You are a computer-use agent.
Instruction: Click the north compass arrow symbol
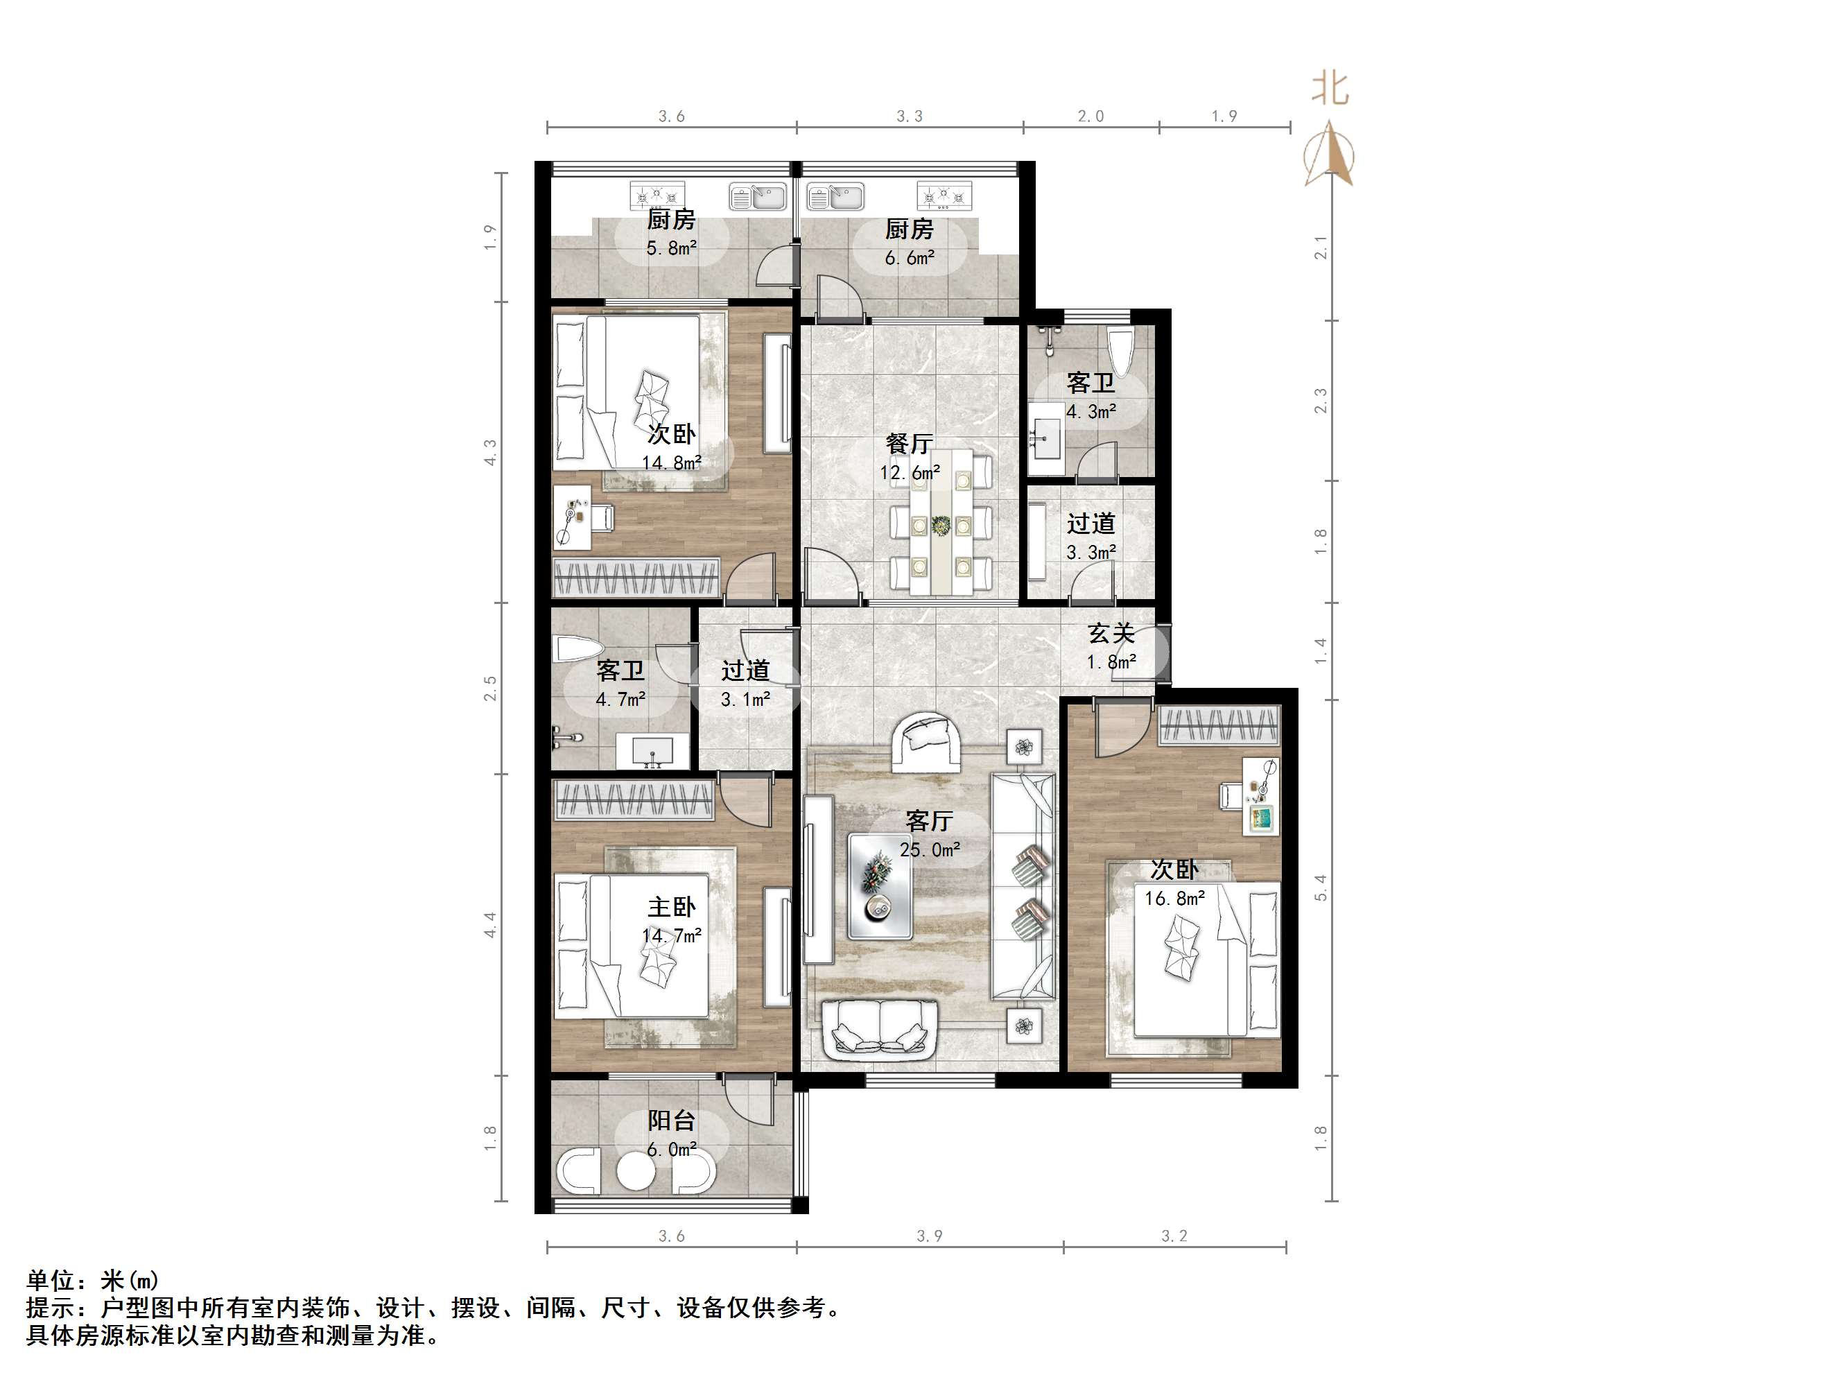[1329, 154]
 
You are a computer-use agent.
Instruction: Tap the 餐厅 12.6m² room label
[909, 458]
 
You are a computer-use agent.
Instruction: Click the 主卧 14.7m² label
[671, 921]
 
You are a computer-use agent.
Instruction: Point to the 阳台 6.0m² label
[671, 1134]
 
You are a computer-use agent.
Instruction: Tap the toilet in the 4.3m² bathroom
[1120, 352]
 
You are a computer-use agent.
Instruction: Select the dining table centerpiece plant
[941, 526]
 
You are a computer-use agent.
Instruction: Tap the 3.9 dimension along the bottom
[929, 1236]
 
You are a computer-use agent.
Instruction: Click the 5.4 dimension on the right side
[1321, 888]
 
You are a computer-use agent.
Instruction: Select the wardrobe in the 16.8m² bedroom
[1219, 725]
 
